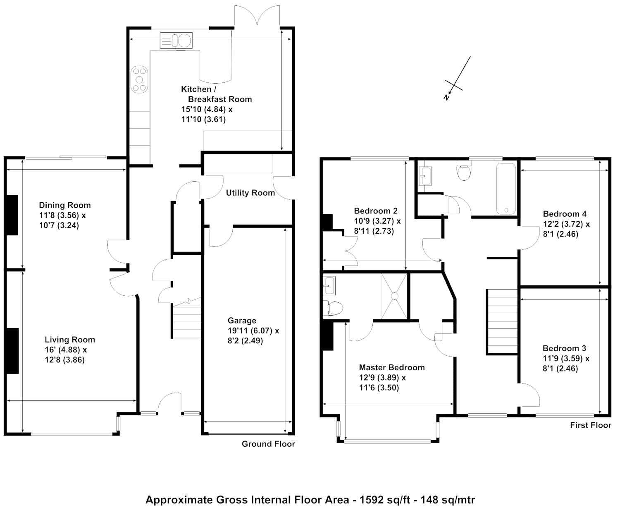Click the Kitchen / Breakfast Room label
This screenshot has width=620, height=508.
pos(216,94)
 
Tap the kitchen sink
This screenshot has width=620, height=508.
pos(176,40)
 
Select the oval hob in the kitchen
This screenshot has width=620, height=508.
pos(139,79)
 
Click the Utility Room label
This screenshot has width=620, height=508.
pos(250,193)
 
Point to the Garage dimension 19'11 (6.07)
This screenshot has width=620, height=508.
pos(250,331)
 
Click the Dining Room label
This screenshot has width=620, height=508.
pos(64,205)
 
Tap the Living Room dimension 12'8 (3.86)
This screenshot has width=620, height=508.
pos(64,359)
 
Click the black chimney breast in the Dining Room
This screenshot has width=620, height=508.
pos(12,215)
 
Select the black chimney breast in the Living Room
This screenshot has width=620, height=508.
pos(12,351)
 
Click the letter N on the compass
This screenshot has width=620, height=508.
pos(446,97)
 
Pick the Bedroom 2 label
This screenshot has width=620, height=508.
pos(376,211)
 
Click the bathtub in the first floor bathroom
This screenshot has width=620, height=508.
pos(506,189)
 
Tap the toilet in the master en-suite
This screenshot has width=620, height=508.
pos(333,308)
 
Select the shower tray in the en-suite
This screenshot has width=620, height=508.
pos(394,296)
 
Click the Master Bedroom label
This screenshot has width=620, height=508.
pos(392,367)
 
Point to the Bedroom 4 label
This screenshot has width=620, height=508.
pos(565,214)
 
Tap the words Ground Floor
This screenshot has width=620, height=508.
pos(268,444)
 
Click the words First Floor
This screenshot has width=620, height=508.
pos(591,425)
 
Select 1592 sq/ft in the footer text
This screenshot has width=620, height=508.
pos(385,500)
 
